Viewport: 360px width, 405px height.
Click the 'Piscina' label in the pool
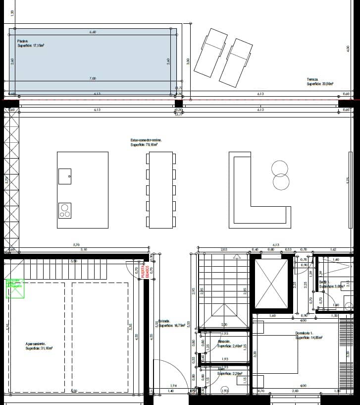[23, 41]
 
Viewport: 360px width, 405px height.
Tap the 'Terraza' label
[312, 79]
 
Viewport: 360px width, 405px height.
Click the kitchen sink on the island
[65, 176]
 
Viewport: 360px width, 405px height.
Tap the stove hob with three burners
[65, 211]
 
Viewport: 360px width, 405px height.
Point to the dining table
[160, 190]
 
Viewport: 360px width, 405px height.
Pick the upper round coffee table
[280, 169]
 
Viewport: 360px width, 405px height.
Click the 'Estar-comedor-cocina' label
[146, 140]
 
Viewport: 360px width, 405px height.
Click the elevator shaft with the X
[270, 284]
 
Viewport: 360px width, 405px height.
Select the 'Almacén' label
[224, 342]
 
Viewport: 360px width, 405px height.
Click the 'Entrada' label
[165, 321]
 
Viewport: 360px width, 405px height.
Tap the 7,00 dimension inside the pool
[93, 78]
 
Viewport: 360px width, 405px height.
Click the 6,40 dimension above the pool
[93, 32]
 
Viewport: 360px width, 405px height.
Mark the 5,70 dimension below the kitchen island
[76, 244]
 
